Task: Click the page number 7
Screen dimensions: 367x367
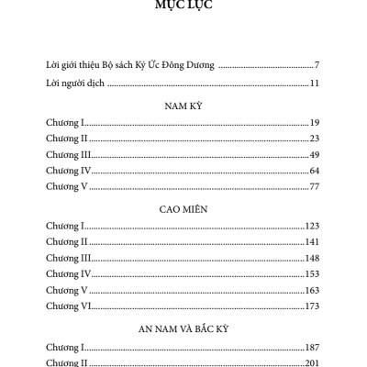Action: pos(316,66)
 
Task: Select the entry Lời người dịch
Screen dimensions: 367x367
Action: pos(75,84)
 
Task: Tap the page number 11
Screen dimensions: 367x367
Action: pos(313,84)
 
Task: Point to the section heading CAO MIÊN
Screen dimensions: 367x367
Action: pos(183,209)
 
